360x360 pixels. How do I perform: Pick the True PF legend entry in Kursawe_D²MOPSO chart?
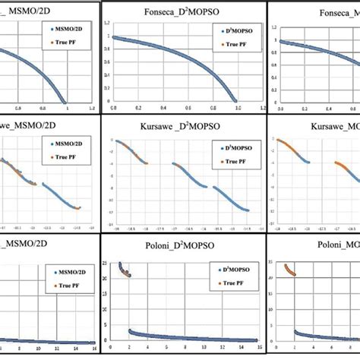click(228, 163)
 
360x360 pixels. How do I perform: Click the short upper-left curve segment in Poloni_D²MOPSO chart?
click(124, 270)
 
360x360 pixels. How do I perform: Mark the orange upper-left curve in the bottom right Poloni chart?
click(289, 270)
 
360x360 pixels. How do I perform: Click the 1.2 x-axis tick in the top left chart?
click(91, 109)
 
